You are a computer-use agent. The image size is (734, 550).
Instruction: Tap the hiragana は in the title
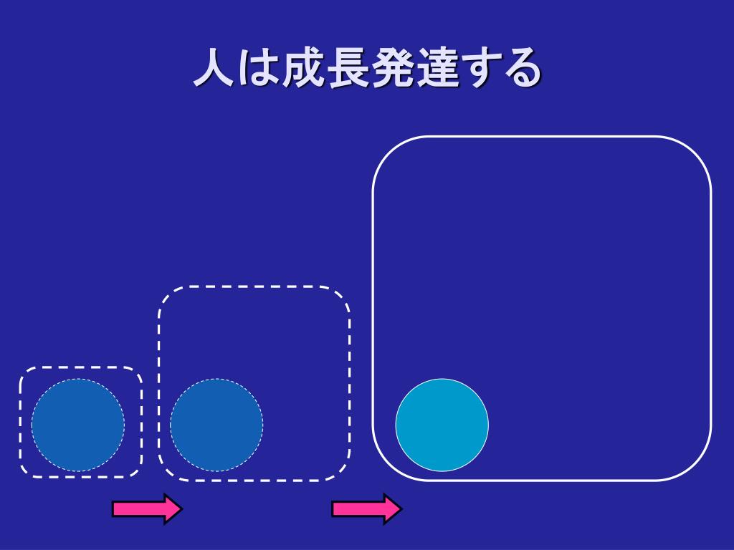point(258,69)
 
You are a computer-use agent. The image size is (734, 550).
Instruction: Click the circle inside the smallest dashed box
point(78,425)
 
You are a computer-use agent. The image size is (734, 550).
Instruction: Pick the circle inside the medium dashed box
point(216,425)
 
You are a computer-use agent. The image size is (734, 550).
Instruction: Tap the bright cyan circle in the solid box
point(442,425)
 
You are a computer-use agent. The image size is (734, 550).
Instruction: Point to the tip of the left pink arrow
point(181,508)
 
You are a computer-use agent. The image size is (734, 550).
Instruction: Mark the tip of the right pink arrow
point(401,508)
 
